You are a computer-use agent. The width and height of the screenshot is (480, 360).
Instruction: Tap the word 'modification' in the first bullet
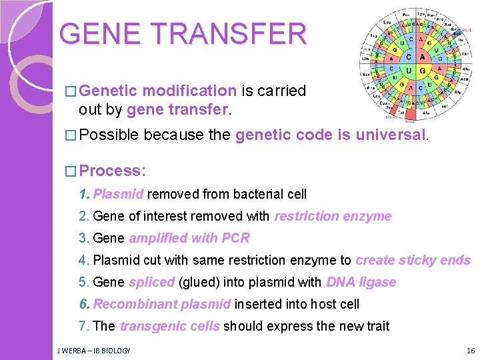[x=189, y=91]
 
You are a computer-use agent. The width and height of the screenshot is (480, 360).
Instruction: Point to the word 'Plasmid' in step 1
[x=118, y=195]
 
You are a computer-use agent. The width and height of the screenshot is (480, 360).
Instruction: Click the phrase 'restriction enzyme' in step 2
[x=333, y=217]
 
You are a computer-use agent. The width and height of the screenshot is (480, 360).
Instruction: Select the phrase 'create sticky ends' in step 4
[x=413, y=261]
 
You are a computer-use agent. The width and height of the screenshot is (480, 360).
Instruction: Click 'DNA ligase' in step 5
[x=361, y=283]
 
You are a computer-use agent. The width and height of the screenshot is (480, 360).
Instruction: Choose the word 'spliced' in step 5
[x=151, y=283]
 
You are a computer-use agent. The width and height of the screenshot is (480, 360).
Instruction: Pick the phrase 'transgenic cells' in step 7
[x=169, y=327]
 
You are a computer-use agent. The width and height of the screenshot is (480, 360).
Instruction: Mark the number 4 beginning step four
[x=83, y=261]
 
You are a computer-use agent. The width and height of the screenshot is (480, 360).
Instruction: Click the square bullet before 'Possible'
[x=71, y=136]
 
